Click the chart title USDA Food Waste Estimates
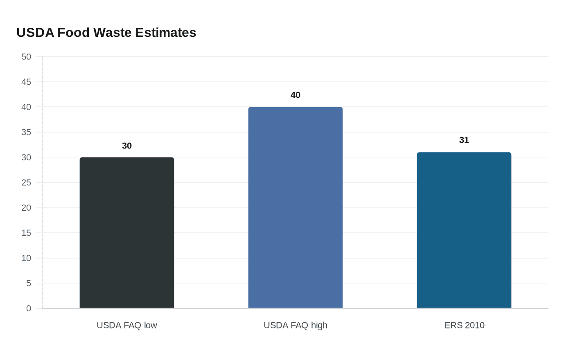106,33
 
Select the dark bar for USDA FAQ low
127,233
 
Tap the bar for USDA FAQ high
296,208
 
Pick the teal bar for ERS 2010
464,230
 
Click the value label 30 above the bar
127,146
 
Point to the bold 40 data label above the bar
296,95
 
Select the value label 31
464,140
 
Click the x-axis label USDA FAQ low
127,325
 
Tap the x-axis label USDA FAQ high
296,325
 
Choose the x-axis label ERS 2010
464,325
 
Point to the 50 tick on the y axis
26,57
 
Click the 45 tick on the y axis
26,82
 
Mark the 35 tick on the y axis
26,132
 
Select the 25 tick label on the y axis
26,182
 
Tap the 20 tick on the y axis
26,208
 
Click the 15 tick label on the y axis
26,233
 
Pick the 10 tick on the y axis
26,258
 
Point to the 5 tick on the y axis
29,283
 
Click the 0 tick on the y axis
29,308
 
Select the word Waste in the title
113,33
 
